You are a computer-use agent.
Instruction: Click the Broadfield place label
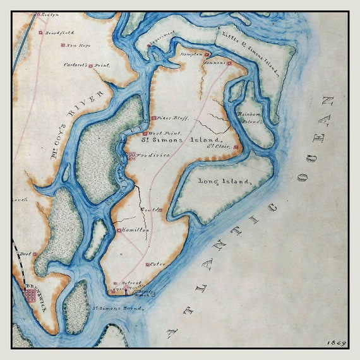[61, 32]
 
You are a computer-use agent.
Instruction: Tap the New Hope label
[77, 45]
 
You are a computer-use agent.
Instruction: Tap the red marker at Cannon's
[229, 63]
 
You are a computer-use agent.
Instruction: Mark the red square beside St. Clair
[235, 148]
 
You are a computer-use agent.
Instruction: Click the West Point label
[165, 134]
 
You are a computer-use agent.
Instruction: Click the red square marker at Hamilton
[118, 231]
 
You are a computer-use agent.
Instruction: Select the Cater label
[157, 264]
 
